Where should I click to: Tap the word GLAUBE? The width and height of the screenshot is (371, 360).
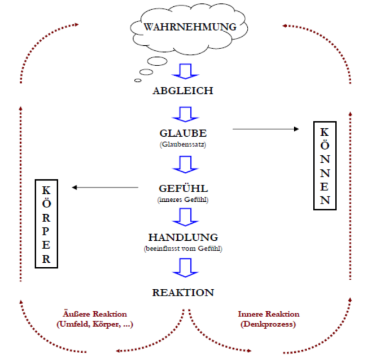click(183, 134)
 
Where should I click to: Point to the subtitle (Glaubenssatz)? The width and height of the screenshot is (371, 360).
click(183, 145)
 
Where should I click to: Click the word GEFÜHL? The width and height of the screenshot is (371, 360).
click(183, 189)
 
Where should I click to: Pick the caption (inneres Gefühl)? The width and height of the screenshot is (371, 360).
click(183, 201)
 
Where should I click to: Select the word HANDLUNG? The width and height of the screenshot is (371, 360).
click(183, 237)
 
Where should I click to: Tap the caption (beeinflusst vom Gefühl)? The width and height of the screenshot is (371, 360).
click(183, 249)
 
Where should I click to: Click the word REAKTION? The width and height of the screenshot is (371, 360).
click(183, 293)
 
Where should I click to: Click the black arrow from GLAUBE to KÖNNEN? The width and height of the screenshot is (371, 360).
click(265, 129)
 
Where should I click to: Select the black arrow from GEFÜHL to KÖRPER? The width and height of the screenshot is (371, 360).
click(105, 187)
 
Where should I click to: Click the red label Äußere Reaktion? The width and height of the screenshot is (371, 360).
click(94, 314)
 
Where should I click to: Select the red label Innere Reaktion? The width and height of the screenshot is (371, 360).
click(269, 314)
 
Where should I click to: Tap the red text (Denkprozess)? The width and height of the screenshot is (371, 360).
click(269, 324)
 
